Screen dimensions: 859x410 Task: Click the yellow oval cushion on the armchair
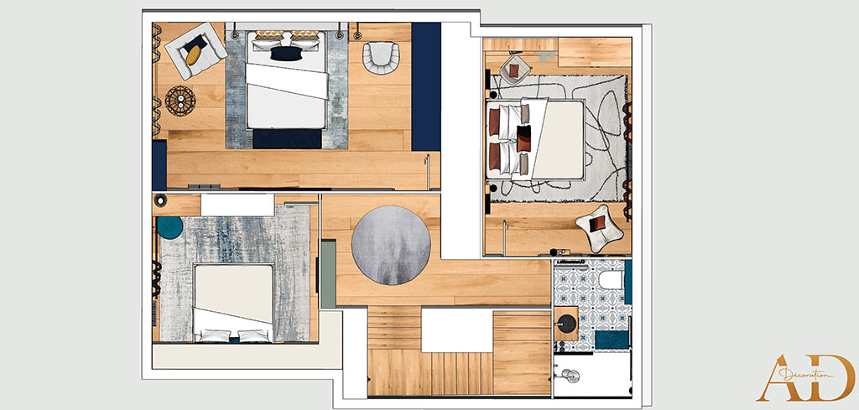click(x=194, y=54)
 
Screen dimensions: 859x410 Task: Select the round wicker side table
click(x=180, y=101)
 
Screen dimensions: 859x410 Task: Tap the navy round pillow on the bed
click(x=286, y=54)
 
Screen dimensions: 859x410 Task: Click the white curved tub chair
click(x=381, y=58)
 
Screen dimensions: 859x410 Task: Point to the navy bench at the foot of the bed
click(x=288, y=138)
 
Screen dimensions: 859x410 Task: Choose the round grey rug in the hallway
click(x=391, y=245)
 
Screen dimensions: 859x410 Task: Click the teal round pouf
click(x=169, y=228)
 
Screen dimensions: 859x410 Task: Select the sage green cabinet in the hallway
click(x=328, y=274)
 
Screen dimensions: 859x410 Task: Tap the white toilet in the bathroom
click(x=611, y=280)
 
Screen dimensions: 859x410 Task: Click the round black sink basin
click(x=566, y=324)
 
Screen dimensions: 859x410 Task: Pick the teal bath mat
click(x=612, y=340)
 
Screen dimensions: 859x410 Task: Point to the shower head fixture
click(x=570, y=376)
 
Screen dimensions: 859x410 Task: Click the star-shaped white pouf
click(x=599, y=228)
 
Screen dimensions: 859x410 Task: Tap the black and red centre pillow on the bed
click(x=523, y=138)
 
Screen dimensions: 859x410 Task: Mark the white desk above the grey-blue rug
click(x=237, y=205)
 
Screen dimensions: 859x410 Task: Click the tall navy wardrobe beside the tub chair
click(x=426, y=86)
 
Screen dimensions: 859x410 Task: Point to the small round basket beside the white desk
click(x=160, y=200)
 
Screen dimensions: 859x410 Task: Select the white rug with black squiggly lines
click(x=559, y=138)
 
